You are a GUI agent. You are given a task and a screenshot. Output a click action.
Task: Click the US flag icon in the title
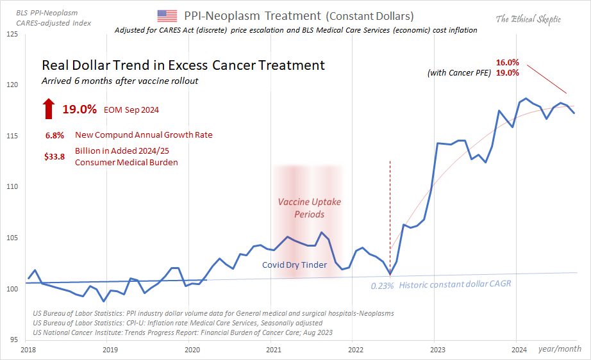tap(167, 16)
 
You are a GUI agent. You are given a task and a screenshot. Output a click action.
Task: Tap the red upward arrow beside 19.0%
tap(49, 109)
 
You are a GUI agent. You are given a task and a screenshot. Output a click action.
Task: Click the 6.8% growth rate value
tap(54, 136)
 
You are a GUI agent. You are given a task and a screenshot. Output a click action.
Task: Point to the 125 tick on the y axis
tap(12, 34)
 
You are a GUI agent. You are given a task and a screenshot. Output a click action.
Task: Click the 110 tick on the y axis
tap(12, 187)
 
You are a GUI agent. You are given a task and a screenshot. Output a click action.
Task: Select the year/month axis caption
tap(559, 349)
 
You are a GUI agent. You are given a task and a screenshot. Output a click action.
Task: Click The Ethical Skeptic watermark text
tap(528, 19)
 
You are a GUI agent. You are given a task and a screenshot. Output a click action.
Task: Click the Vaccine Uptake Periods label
tap(309, 208)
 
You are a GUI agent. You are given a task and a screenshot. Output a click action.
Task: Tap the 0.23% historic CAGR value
tap(383, 286)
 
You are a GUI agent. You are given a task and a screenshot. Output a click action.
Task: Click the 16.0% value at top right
tap(507, 63)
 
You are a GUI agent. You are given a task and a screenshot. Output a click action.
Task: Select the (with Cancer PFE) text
tap(458, 73)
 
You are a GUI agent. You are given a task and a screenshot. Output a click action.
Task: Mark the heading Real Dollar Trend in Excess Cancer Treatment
tap(183, 65)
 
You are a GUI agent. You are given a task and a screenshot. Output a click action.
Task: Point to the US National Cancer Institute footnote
tap(183, 332)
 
